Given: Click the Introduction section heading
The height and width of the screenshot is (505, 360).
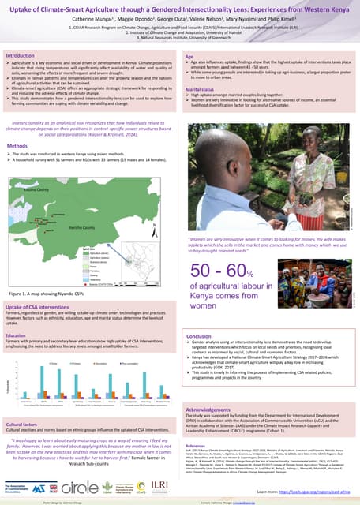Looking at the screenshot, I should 21,56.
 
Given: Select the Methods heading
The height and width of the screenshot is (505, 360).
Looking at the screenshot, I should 18,147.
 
